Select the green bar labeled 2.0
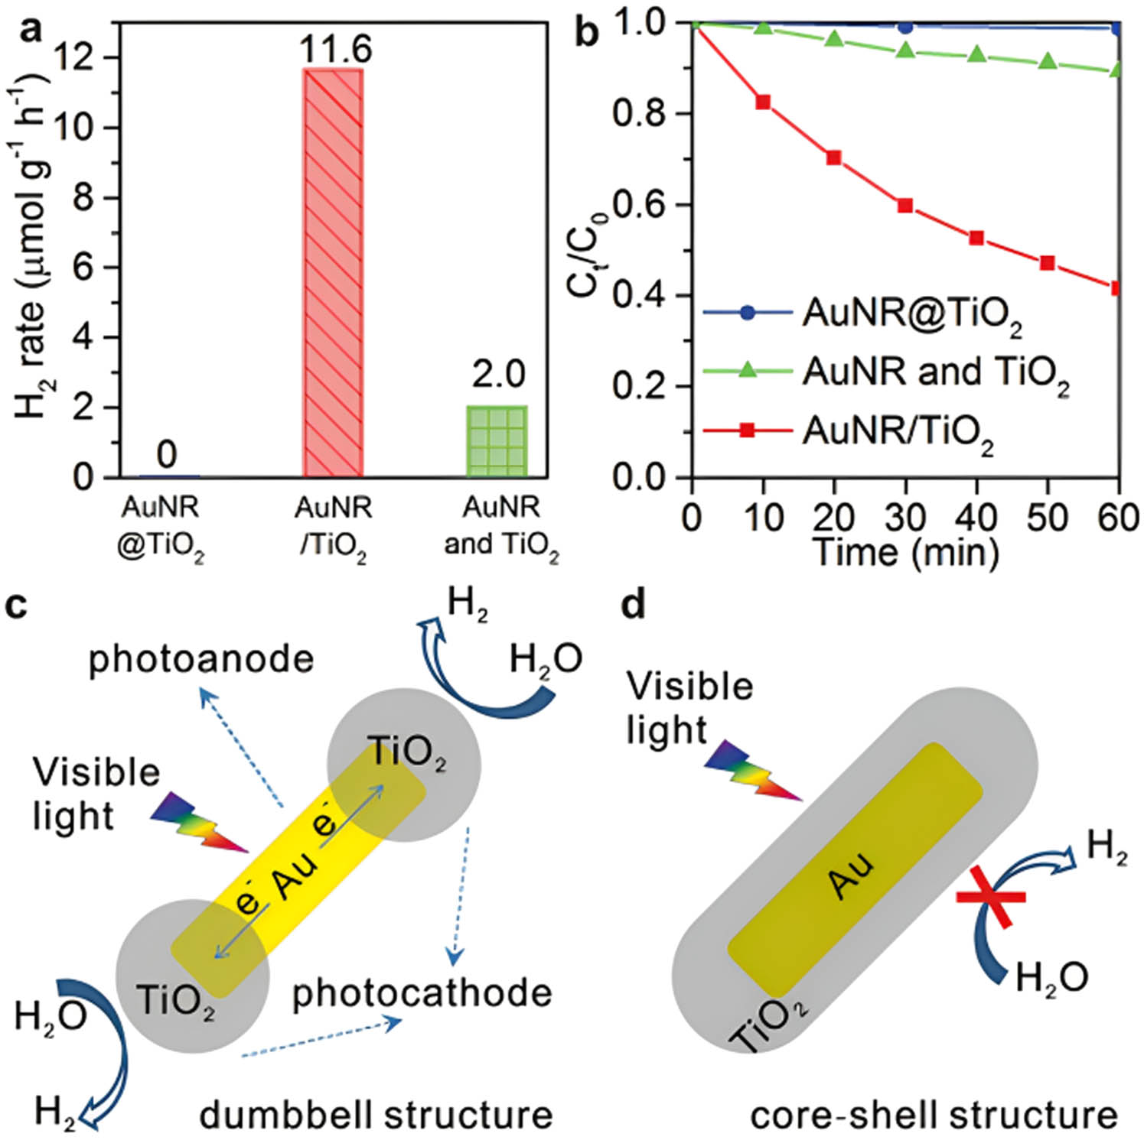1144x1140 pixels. (497, 441)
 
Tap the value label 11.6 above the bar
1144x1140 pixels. (335, 50)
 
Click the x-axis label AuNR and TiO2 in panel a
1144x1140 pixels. (501, 527)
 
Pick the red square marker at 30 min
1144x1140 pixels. (905, 205)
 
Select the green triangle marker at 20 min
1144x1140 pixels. (834, 38)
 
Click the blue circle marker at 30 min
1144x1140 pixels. (905, 27)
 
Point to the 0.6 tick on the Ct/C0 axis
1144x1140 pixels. (640, 205)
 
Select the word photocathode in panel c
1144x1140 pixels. (422, 993)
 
